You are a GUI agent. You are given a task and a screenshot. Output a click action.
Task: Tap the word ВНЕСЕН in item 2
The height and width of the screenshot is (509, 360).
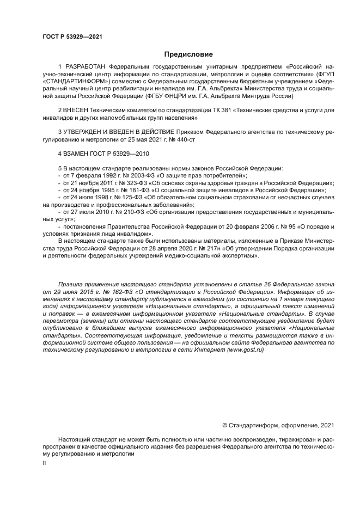80,111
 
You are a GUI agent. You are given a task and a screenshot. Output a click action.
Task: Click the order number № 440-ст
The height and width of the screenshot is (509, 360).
182,139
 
